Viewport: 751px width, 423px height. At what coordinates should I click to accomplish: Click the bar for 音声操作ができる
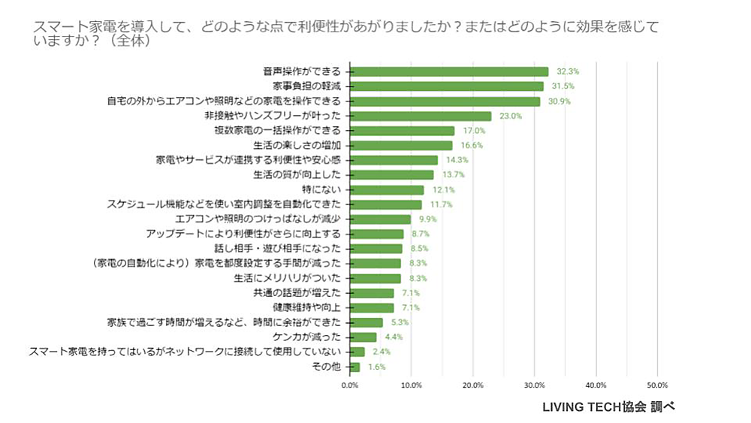click(449, 72)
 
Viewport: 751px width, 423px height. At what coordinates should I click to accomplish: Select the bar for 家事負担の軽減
click(446, 86)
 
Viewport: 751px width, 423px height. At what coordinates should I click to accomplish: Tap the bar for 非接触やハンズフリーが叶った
click(421, 116)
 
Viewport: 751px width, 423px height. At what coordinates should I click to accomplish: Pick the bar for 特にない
click(387, 190)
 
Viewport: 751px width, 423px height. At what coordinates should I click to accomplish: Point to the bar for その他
click(354, 367)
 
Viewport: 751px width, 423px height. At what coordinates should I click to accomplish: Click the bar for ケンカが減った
click(363, 337)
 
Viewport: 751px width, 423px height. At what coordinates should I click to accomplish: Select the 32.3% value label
click(567, 72)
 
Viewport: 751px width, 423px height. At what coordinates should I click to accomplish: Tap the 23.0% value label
click(510, 116)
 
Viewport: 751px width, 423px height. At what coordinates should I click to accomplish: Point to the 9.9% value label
click(429, 219)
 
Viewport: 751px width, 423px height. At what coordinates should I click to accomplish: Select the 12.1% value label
click(443, 190)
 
